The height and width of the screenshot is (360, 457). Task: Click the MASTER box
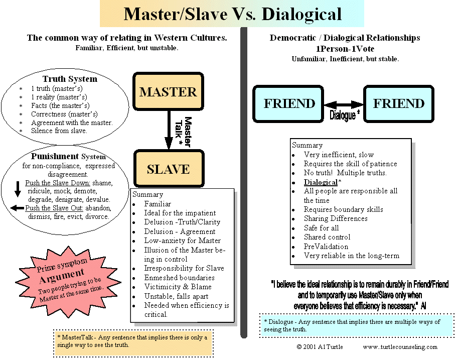click(168, 92)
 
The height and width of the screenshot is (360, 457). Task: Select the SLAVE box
click(168, 169)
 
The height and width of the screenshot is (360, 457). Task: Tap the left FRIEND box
click(289, 103)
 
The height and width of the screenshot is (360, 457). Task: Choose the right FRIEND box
click(398, 103)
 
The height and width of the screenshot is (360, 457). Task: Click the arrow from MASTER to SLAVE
click(169, 130)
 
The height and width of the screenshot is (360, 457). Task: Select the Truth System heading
click(70, 79)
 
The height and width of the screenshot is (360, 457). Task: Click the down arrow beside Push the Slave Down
click(18, 188)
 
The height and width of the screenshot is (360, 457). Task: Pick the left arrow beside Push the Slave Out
click(18, 208)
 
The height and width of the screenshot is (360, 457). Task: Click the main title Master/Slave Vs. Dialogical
click(233, 14)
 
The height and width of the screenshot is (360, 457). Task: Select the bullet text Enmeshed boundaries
click(180, 278)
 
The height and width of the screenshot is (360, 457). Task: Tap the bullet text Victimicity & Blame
click(178, 287)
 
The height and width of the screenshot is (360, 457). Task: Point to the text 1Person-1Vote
click(345, 49)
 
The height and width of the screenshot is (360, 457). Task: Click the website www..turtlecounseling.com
click(400, 347)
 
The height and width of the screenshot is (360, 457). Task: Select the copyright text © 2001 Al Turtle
click(320, 347)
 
